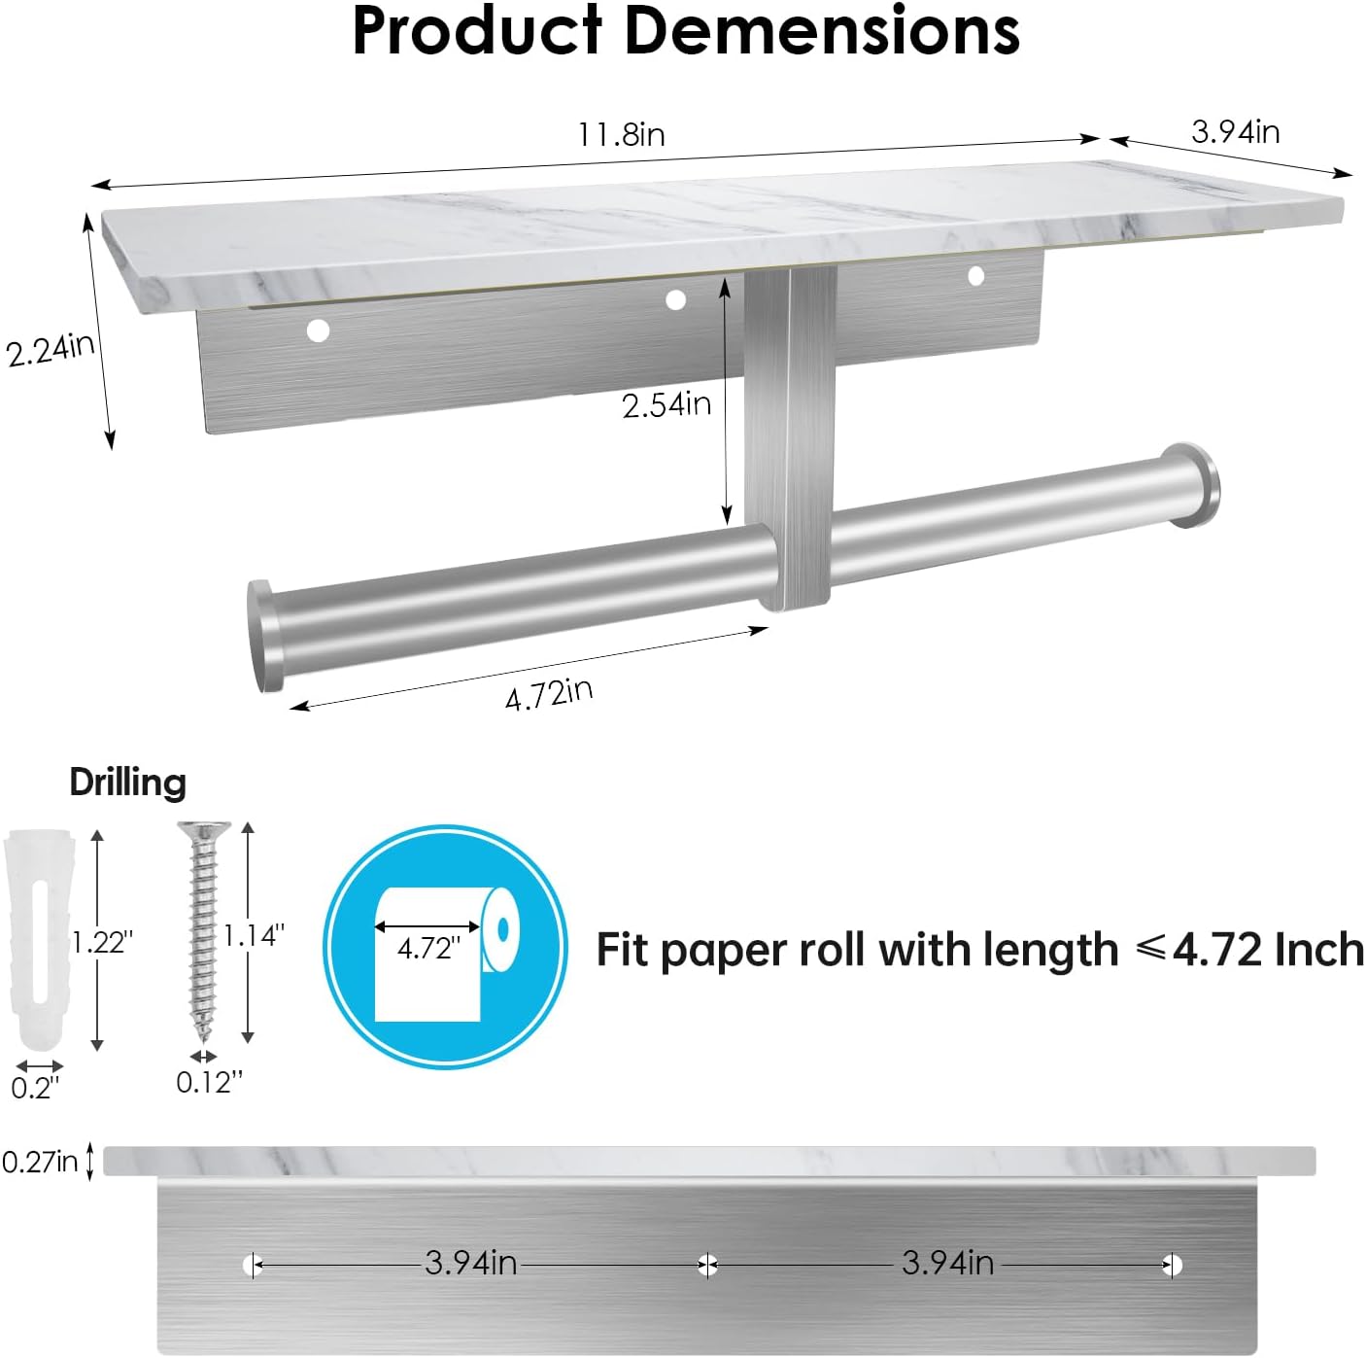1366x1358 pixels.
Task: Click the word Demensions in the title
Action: [821, 31]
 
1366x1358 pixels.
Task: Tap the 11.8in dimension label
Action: [622, 134]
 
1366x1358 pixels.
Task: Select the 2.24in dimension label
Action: [51, 349]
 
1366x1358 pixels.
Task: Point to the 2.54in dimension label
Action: [666, 404]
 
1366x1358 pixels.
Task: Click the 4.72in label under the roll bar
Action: [549, 694]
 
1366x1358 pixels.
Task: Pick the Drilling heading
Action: [127, 783]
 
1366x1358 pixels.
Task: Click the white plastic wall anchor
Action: [39, 938]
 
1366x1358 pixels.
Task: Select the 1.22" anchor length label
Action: [102, 941]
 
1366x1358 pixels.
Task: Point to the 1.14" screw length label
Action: [254, 935]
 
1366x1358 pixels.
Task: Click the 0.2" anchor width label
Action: [35, 1088]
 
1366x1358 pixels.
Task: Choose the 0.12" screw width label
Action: [209, 1082]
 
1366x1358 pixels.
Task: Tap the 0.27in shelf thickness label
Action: [40, 1161]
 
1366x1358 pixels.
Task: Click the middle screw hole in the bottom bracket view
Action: [708, 1266]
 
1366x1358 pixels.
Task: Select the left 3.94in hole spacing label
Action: [471, 1263]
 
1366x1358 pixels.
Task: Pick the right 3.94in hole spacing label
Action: [947, 1263]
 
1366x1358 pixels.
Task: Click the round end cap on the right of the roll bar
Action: [1194, 485]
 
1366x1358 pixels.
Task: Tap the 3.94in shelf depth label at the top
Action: [1236, 131]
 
